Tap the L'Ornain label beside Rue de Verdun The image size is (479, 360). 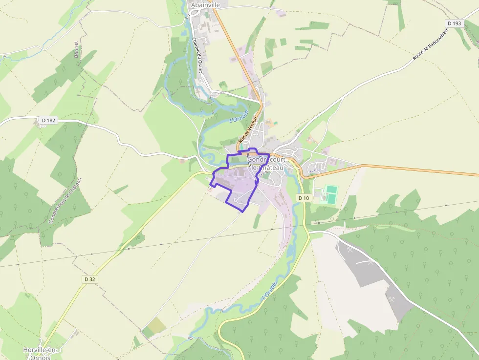[x=239, y=117]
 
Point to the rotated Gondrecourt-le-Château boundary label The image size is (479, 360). [x=65, y=200]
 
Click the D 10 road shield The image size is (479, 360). [x=304, y=198]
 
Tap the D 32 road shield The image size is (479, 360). [x=89, y=279]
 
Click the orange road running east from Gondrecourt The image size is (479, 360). [x=415, y=169]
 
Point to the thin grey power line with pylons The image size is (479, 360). [x=147, y=246]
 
